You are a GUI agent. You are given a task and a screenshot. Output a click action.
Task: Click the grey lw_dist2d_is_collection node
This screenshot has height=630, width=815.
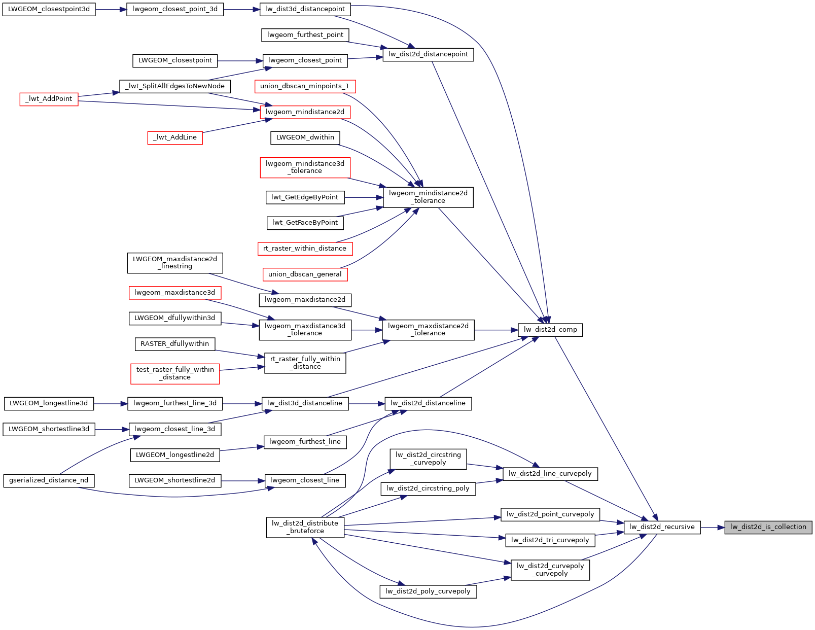[768, 527]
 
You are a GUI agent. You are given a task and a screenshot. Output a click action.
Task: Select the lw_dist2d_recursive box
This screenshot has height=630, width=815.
[662, 527]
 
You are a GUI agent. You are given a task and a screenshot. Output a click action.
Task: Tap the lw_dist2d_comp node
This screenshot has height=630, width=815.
[550, 330]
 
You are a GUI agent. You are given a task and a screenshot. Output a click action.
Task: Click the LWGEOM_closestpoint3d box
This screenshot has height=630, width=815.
[49, 9]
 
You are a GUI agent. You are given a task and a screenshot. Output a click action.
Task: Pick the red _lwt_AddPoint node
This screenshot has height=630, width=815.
[49, 99]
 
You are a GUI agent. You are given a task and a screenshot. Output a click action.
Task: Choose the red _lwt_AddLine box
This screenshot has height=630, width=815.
[175, 137]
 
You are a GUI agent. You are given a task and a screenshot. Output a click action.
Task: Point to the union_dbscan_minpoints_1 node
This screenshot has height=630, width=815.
[305, 86]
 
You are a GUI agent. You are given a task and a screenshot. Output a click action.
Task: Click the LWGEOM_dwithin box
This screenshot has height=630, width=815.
[305, 137]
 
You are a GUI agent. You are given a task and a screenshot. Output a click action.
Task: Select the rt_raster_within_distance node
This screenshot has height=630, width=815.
[305, 249]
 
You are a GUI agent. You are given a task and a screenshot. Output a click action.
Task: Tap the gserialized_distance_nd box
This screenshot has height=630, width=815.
[49, 480]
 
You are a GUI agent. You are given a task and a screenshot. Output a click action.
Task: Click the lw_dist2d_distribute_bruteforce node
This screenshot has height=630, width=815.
[305, 527]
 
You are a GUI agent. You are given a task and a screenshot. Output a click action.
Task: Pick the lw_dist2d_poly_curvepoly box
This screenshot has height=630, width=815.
[428, 591]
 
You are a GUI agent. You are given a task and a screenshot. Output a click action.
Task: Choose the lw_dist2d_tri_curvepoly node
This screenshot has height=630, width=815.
[550, 540]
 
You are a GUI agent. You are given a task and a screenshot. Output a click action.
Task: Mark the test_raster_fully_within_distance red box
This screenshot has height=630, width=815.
[175, 373]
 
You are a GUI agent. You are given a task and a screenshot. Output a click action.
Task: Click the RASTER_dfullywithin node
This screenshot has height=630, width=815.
[174, 344]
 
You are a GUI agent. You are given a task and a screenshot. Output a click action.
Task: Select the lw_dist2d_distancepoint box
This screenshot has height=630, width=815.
[428, 54]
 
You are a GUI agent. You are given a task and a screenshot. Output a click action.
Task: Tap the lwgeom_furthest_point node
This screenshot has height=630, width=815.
[305, 35]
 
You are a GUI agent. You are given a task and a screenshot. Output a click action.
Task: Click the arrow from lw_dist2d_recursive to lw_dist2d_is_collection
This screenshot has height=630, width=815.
[713, 528]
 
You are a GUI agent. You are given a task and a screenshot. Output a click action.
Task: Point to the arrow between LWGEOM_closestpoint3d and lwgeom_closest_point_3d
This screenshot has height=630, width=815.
[111, 10]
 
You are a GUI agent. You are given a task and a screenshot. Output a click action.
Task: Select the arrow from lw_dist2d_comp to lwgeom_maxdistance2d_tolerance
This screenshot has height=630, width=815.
[495, 330]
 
